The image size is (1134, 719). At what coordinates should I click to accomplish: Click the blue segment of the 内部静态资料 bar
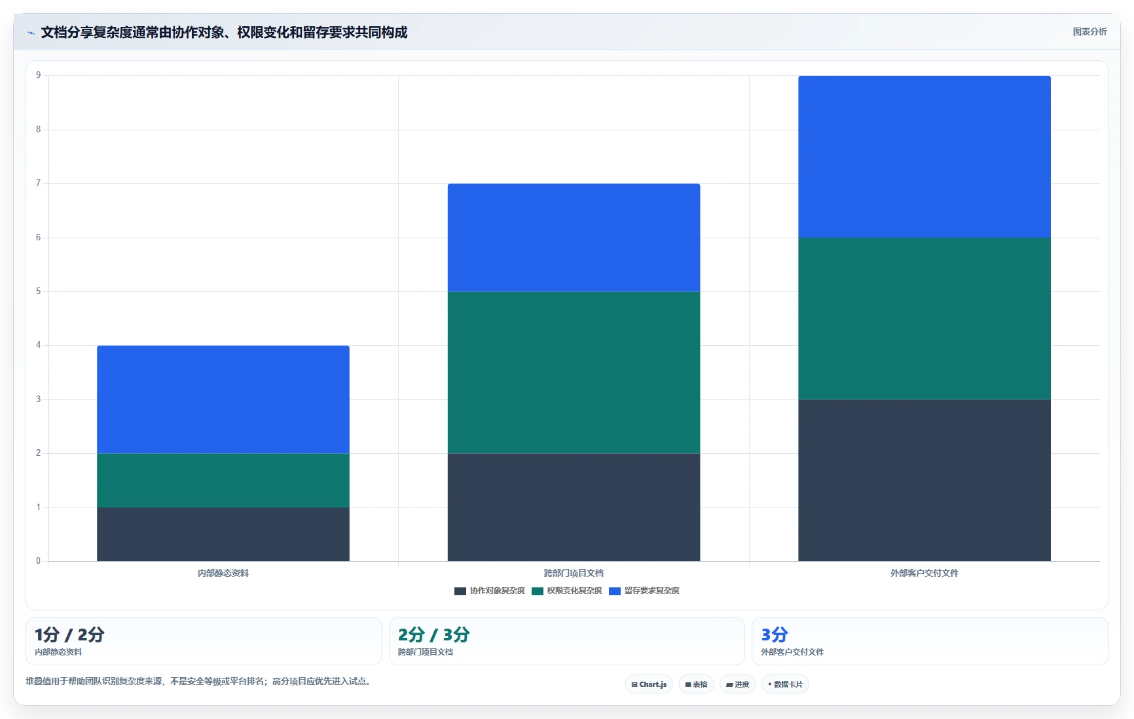(223, 399)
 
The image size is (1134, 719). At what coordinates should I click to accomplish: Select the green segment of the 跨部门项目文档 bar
(574, 373)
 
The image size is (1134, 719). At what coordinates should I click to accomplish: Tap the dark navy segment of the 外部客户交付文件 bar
(924, 481)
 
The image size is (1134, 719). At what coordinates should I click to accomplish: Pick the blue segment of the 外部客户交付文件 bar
(924, 157)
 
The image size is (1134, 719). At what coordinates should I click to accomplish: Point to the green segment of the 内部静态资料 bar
(223, 481)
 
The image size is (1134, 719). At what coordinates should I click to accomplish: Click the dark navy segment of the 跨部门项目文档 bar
(574, 507)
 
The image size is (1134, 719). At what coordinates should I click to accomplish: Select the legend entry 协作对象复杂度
(490, 591)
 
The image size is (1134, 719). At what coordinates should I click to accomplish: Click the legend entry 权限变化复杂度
(567, 591)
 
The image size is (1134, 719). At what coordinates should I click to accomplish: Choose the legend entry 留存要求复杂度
(644, 591)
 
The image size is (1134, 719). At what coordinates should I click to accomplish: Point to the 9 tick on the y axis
(39, 75)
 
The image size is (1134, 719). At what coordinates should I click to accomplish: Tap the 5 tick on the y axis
(39, 291)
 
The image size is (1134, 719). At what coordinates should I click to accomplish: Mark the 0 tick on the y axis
(39, 561)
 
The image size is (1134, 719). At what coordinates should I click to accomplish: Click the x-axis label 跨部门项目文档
(574, 573)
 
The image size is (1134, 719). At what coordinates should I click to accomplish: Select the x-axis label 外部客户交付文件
(924, 573)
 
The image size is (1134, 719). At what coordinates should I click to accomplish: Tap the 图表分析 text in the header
(1089, 31)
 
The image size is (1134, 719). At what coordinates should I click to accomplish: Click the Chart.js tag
(649, 684)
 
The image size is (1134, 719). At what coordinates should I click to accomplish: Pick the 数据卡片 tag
(785, 684)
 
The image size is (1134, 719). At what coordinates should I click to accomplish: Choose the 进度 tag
(737, 684)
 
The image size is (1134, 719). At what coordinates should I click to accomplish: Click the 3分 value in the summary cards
(775, 635)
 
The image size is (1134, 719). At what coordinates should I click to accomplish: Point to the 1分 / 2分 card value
(69, 635)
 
